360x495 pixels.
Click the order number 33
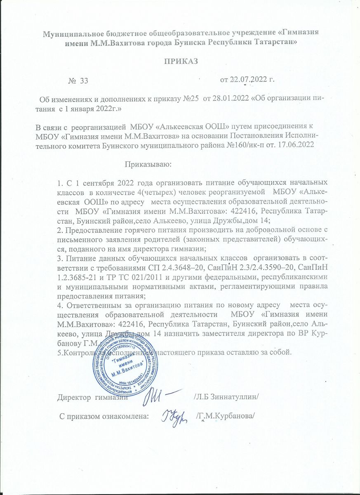tap(84, 80)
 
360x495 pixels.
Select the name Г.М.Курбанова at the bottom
tap(226, 415)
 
